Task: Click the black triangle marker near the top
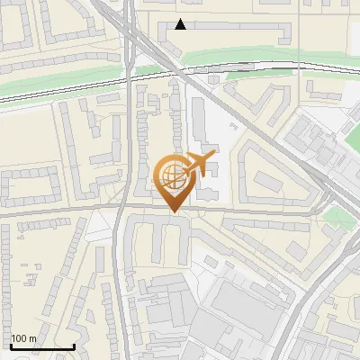coord(181,24)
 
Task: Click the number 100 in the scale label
coord(20,338)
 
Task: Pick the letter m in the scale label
coord(32,338)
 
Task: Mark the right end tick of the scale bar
coord(74,346)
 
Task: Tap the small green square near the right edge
coord(337,217)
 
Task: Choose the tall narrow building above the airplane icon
coord(201,126)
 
